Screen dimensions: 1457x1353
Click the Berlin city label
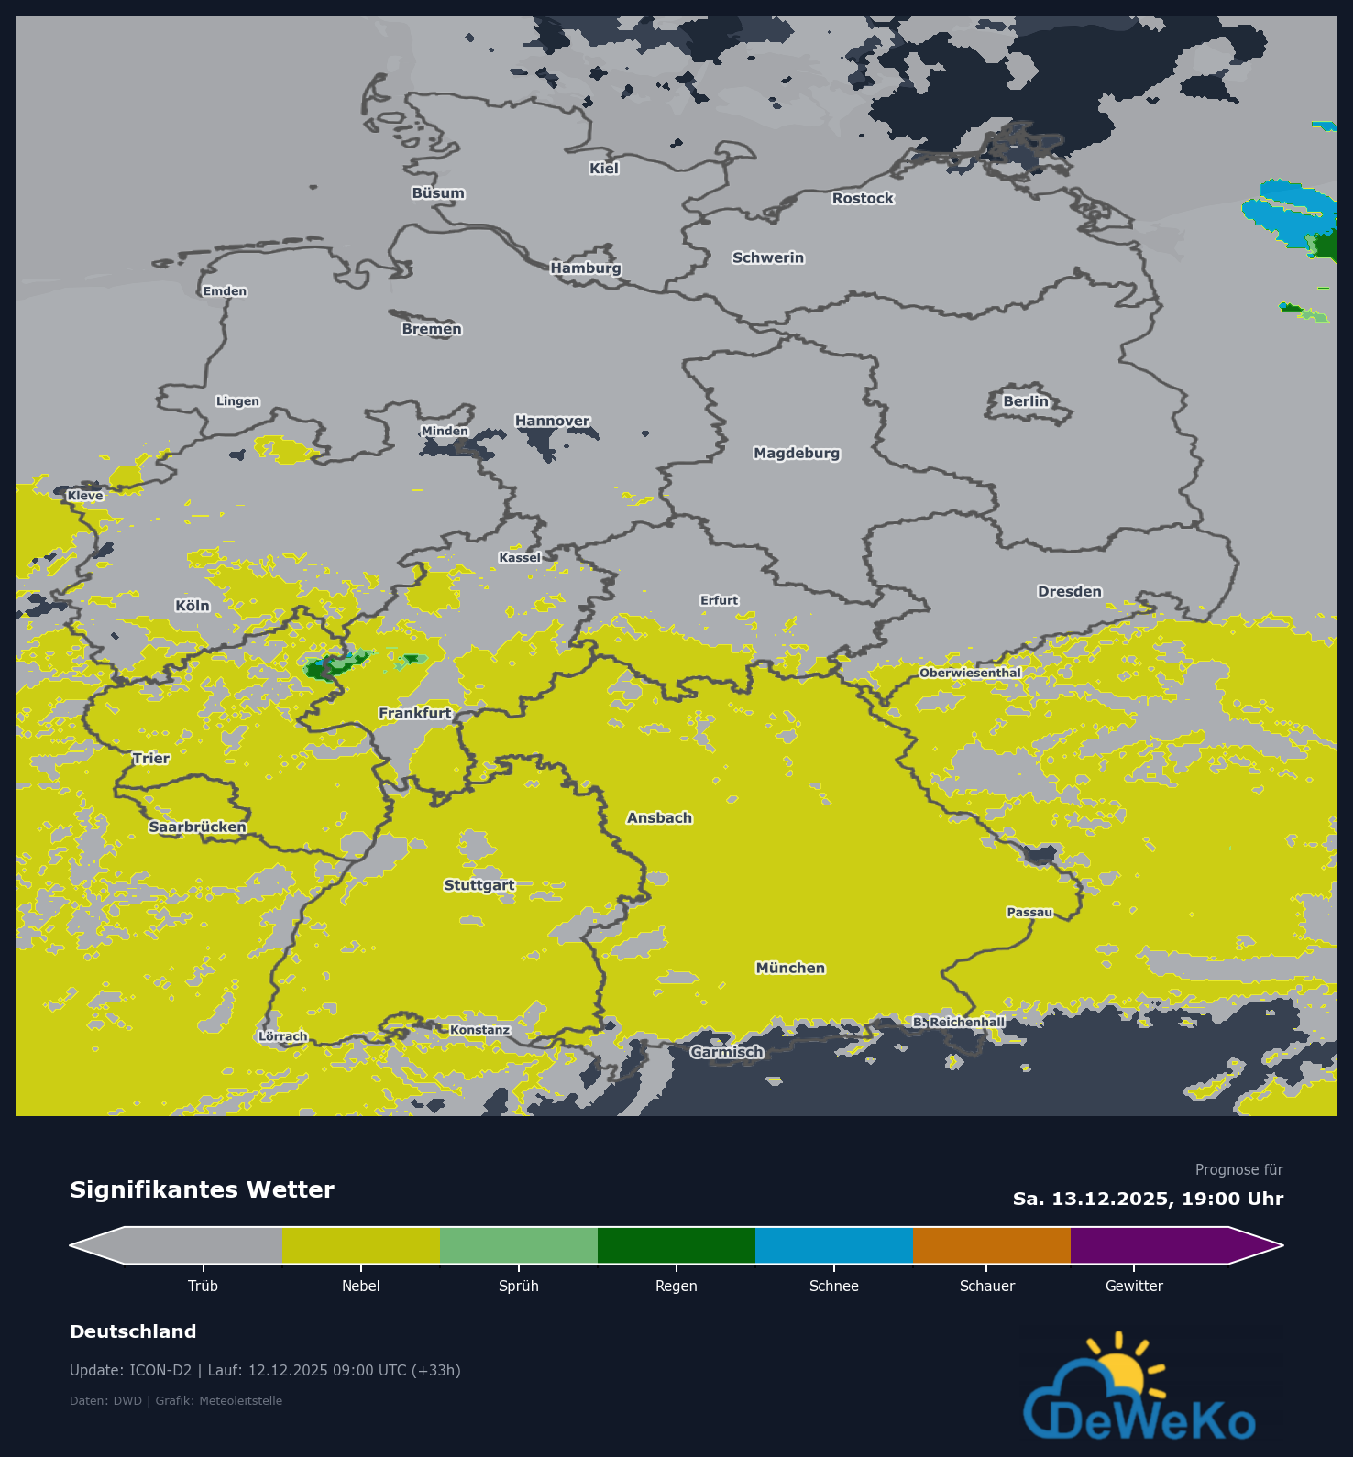[1025, 401]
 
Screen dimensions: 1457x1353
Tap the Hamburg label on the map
[586, 268]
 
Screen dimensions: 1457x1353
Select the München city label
[790, 968]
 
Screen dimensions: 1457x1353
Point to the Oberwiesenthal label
[970, 673]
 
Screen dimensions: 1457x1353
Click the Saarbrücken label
[197, 827]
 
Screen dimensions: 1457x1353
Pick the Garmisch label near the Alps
[726, 1052]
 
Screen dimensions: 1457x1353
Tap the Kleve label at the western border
[85, 496]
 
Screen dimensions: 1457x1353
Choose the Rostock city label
[862, 198]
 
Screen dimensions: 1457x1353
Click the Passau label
[1029, 912]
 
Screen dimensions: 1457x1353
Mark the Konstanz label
[479, 1030]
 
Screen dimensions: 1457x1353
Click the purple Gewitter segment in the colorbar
[1149, 1245]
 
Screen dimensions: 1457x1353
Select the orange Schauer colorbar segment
[991, 1245]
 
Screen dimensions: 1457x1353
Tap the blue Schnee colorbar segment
[833, 1245]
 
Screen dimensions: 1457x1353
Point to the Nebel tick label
[360, 1286]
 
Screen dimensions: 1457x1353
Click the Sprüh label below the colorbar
[518, 1286]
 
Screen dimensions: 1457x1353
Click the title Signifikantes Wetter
[202, 1189]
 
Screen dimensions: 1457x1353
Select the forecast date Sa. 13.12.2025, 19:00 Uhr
[1148, 1199]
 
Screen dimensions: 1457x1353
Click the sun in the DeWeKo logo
[1121, 1372]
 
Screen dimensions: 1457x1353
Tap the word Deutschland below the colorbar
[133, 1331]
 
